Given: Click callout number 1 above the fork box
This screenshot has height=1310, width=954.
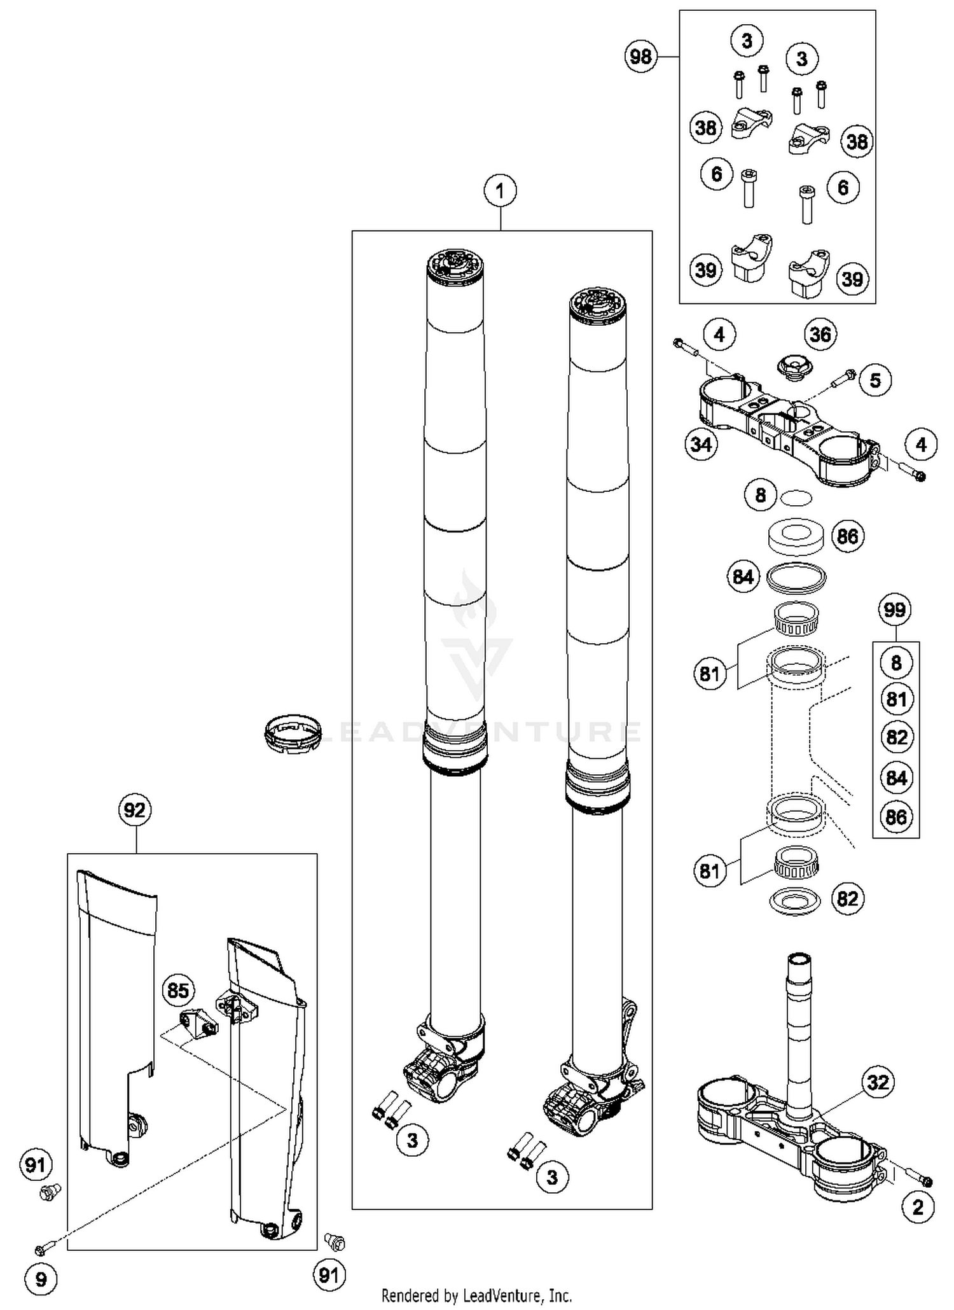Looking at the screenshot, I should click(500, 190).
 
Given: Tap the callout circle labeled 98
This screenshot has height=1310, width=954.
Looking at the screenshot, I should click(640, 57).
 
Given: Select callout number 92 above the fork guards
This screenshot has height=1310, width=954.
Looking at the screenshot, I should click(135, 810).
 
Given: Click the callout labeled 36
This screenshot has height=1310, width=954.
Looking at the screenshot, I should click(820, 334).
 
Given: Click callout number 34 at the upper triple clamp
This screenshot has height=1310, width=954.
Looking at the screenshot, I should click(702, 443).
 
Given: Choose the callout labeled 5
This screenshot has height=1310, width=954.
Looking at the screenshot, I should click(875, 380).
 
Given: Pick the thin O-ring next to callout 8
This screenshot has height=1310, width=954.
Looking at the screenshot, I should click(795, 498).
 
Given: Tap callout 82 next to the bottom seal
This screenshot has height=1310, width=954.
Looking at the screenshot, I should click(848, 899).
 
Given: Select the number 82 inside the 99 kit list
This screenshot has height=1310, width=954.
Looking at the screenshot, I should click(896, 737).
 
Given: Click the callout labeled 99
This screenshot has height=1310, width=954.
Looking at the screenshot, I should click(895, 610).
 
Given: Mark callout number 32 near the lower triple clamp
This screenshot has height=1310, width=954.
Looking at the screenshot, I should click(878, 1082).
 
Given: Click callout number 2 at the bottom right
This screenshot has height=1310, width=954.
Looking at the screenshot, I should click(918, 1207).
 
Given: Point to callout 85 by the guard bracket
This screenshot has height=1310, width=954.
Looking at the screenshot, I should click(178, 990).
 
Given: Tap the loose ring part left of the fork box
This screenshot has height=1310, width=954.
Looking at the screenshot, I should click(293, 734).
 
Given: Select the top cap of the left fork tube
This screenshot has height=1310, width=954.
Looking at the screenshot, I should click(455, 265).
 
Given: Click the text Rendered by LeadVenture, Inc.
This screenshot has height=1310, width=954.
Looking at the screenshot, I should click(476, 1295).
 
